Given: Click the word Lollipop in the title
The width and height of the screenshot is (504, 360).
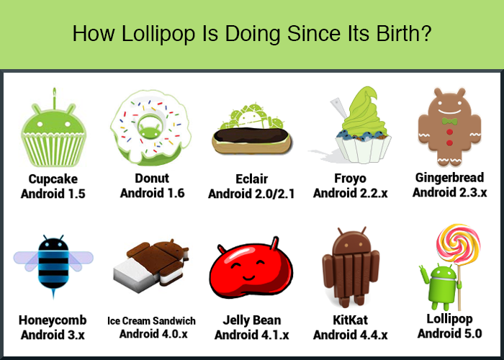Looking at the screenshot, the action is click(x=158, y=34).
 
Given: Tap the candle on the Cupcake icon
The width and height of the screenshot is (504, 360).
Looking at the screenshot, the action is click(x=55, y=98).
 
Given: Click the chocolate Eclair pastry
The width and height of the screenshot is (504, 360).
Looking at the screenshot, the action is click(x=252, y=141).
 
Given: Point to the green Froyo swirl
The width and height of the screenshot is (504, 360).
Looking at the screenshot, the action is click(x=363, y=112).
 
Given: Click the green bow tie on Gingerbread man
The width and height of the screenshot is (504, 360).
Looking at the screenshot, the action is click(x=449, y=121).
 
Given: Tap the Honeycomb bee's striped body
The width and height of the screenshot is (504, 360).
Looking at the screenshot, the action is click(x=53, y=264).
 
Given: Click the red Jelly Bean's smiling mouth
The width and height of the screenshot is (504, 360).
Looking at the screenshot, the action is click(x=249, y=277).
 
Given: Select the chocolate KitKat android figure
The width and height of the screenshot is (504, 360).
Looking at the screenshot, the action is click(x=351, y=267).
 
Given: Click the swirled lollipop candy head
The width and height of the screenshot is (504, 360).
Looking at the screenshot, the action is click(x=458, y=243).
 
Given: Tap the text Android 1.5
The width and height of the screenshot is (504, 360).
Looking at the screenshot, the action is click(x=53, y=194).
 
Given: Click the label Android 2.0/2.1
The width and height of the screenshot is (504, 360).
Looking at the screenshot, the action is click(x=251, y=194).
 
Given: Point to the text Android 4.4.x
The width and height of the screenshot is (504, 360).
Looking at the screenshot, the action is click(x=351, y=335).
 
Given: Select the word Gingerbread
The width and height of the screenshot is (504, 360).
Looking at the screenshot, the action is click(x=449, y=177).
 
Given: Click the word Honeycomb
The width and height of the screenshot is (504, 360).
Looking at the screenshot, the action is click(x=53, y=320).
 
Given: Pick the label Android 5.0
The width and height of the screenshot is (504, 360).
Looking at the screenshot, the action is click(x=449, y=333).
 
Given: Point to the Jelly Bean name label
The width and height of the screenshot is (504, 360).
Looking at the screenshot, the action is click(x=252, y=320).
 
